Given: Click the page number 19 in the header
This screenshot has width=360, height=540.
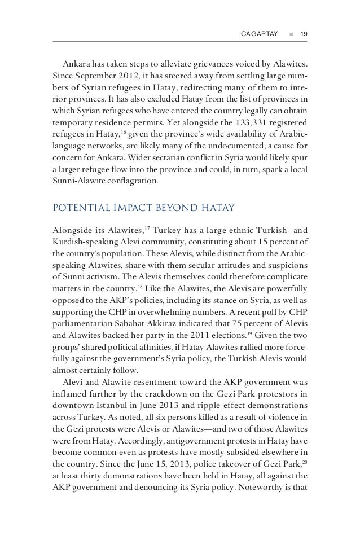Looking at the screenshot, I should pos(303,34).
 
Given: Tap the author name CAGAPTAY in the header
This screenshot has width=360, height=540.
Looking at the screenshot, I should pos(259,34).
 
